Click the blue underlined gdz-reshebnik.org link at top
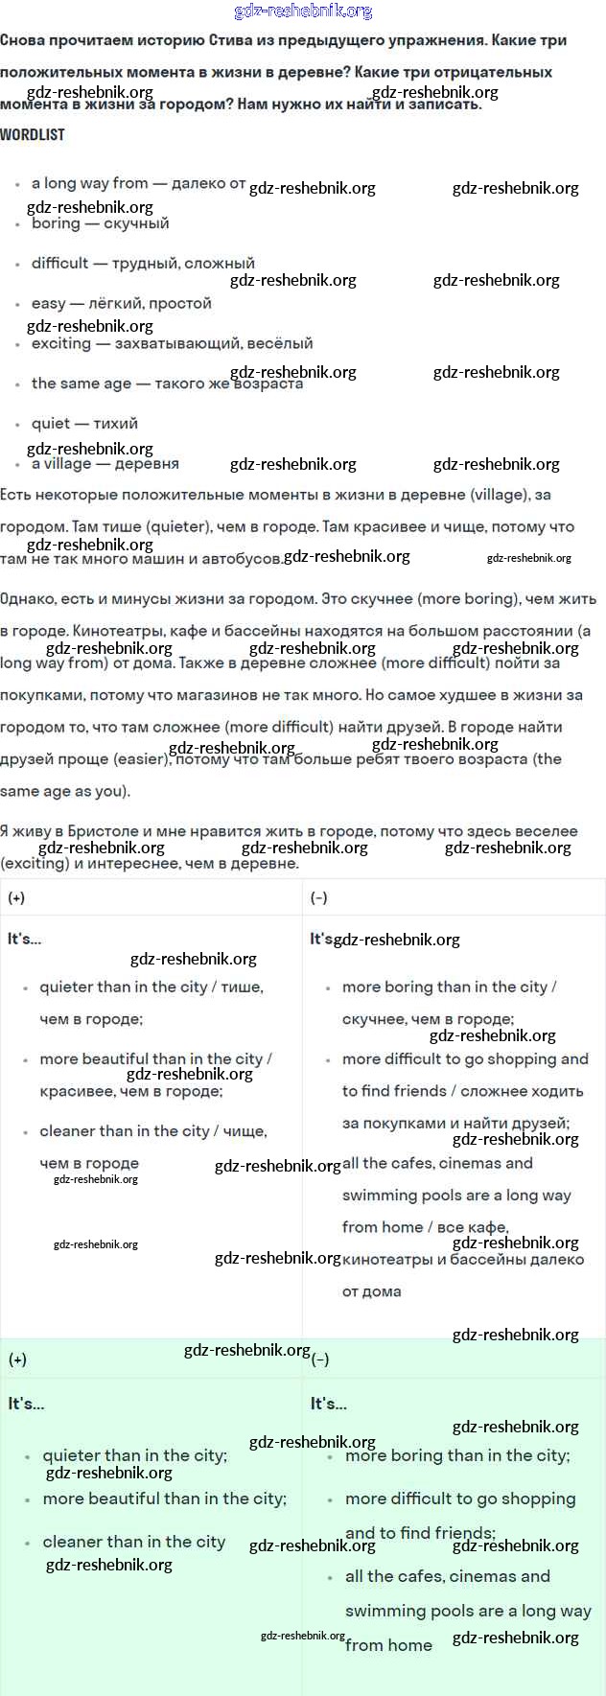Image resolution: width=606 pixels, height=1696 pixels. pos(303,12)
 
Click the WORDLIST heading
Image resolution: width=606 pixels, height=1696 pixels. pos(33,135)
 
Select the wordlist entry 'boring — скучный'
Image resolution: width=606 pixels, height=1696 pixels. pos(100,223)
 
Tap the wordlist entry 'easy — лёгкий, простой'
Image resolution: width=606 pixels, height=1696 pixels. pos(121,303)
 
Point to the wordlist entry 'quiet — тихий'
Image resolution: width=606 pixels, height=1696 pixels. pos(84,423)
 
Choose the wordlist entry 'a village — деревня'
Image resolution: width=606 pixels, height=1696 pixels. pos(105,464)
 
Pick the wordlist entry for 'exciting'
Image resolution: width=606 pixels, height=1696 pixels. pos(172,343)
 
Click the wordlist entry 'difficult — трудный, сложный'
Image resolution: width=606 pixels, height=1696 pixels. pos(143,263)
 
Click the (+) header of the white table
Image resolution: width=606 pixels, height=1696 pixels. pos(16,897)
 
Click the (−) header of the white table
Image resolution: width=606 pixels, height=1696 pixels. pos(319,897)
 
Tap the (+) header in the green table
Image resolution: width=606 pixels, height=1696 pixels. pos(17,1359)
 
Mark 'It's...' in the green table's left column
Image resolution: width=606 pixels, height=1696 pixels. pos(26,1404)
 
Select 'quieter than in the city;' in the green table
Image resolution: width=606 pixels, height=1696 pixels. pos(134,1455)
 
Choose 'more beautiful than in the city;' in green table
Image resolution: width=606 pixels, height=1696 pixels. pos(164,1499)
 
